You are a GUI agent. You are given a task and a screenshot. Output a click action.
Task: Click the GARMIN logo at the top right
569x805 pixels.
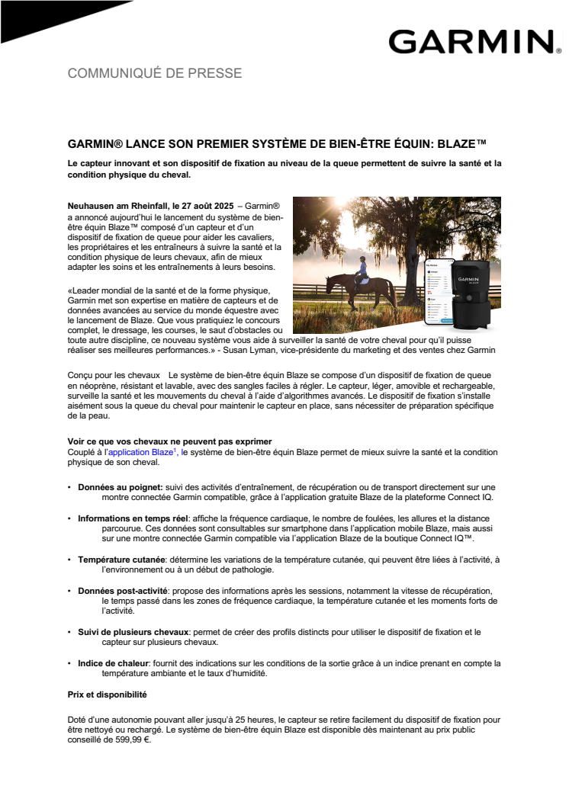[470, 41]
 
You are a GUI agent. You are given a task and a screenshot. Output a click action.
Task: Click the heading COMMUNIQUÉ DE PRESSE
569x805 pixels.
[155, 73]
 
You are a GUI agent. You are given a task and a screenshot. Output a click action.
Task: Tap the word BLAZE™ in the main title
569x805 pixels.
[461, 143]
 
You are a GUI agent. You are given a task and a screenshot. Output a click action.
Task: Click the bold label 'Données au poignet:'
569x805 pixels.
[121, 486]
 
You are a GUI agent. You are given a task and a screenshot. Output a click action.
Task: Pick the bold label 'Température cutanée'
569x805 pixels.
[122, 560]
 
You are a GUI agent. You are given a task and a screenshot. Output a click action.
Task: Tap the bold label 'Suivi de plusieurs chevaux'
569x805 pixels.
[133, 632]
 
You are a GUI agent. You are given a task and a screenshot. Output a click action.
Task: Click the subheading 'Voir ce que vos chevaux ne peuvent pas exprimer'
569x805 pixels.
[169, 442]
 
